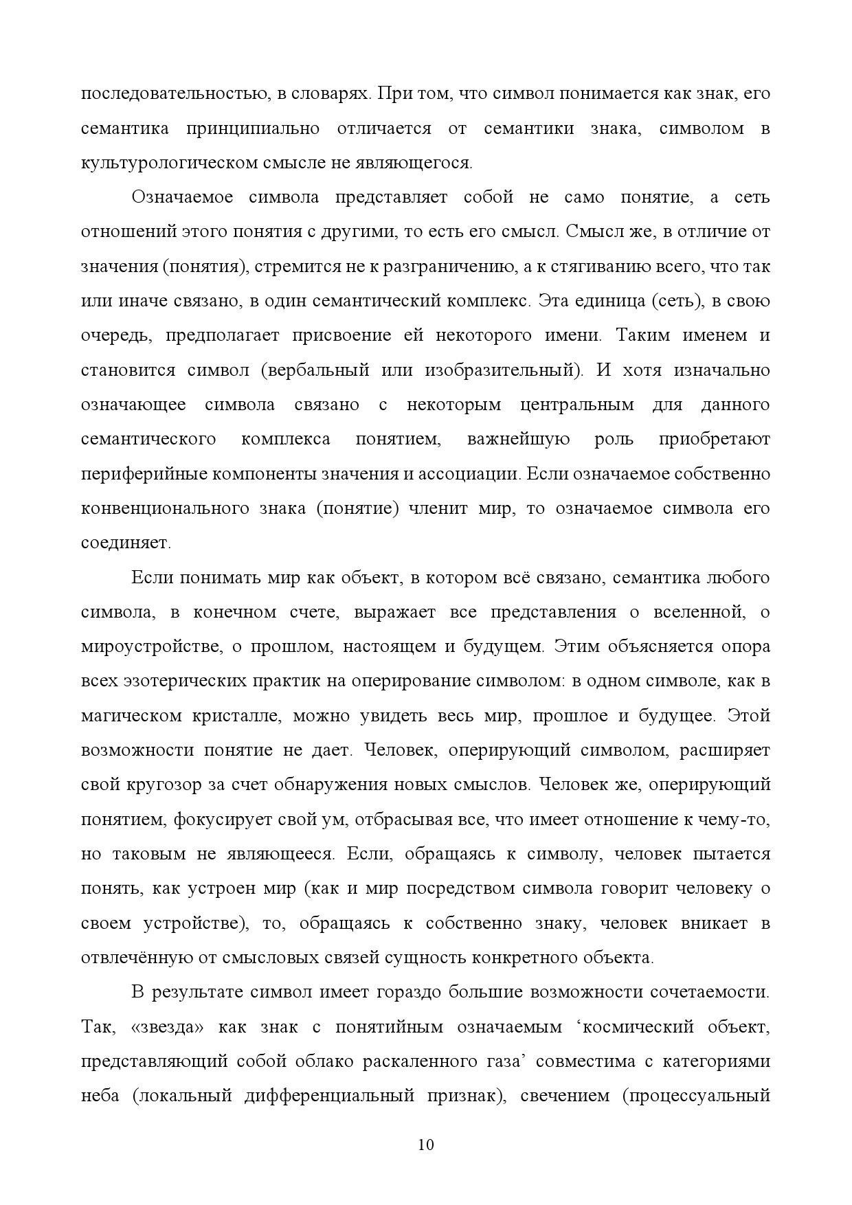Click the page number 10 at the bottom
pyautogui.click(x=426, y=1145)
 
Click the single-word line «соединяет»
pyautogui.click(x=126, y=543)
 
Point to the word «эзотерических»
pyautogui.click(x=175, y=682)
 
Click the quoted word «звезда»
pyautogui.click(x=166, y=1027)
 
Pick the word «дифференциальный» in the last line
pyautogui.click(x=329, y=1096)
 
